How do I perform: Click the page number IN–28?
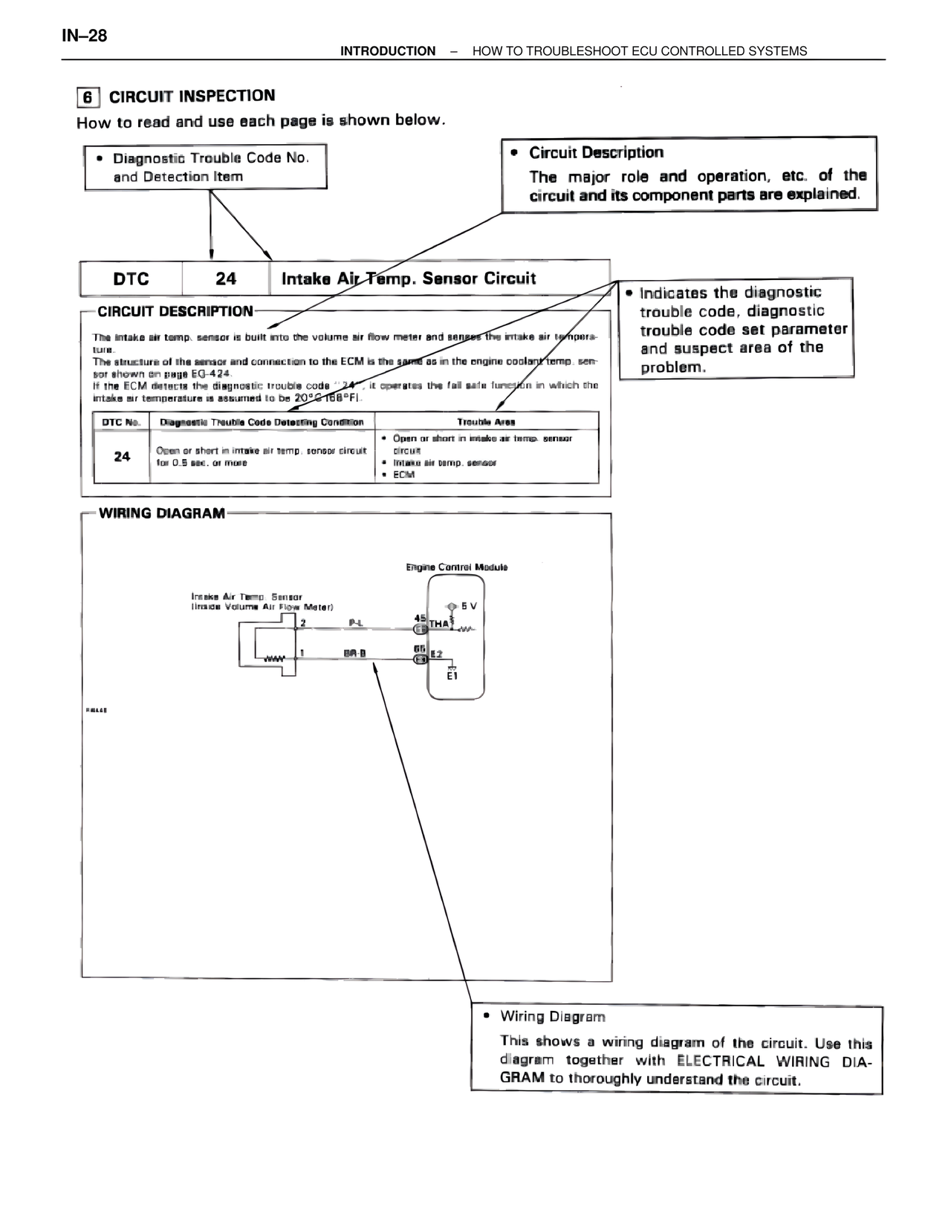[84, 36]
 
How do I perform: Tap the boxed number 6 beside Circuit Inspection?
[88, 97]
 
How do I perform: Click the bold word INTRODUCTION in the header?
[388, 51]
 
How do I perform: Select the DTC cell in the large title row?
[131, 279]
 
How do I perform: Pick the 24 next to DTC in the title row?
[225, 279]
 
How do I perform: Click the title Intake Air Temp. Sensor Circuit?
[409, 279]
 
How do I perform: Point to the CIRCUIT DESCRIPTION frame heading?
[175, 311]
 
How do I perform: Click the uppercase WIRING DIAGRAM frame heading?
[162, 513]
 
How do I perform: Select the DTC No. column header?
[121, 422]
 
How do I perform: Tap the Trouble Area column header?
[486, 422]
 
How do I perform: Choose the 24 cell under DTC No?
[122, 456]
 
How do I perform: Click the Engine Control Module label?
[456, 567]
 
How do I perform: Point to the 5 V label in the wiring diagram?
[469, 606]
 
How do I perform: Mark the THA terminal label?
[439, 624]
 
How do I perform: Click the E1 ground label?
[452, 676]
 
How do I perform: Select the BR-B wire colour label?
[354, 654]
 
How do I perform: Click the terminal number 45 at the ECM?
[419, 618]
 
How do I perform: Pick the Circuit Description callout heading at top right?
[596, 153]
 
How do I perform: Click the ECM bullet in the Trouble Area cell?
[404, 475]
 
